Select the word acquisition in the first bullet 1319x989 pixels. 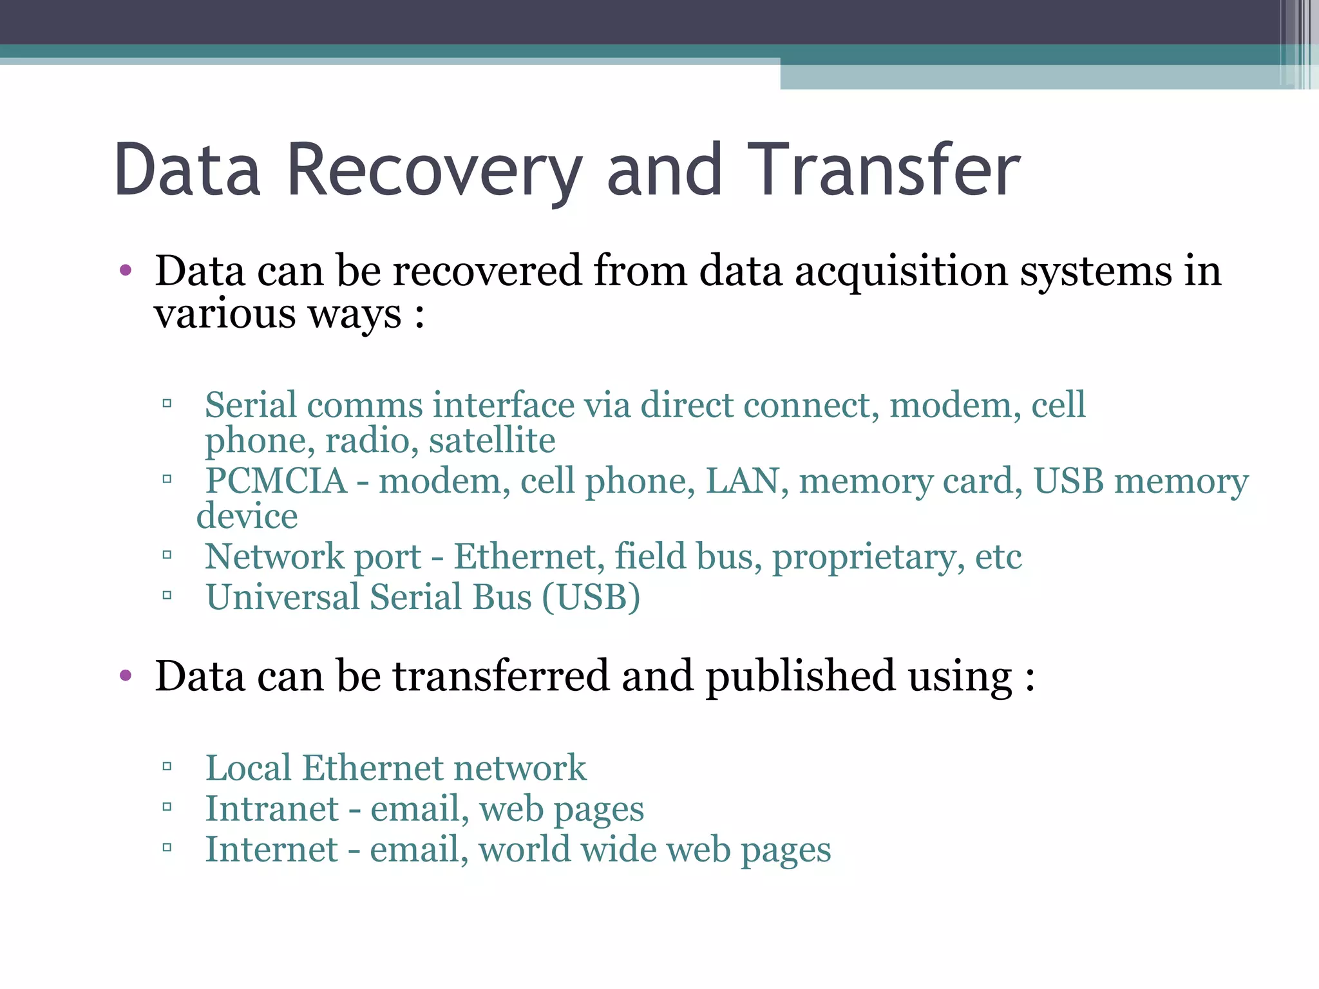pyautogui.click(x=901, y=271)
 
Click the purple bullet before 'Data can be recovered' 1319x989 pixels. pyautogui.click(x=126, y=270)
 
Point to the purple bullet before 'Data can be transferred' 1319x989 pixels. pyautogui.click(x=126, y=676)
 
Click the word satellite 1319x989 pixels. pyautogui.click(x=492, y=441)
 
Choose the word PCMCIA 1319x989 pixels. pyautogui.click(x=276, y=481)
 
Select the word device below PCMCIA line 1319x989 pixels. pyautogui.click(x=247, y=516)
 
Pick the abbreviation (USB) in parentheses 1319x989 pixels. pyautogui.click(x=591, y=597)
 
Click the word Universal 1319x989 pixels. pyautogui.click(x=283, y=597)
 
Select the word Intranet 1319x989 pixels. pyautogui.click(x=272, y=809)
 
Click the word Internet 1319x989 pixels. pyautogui.click(x=271, y=849)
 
